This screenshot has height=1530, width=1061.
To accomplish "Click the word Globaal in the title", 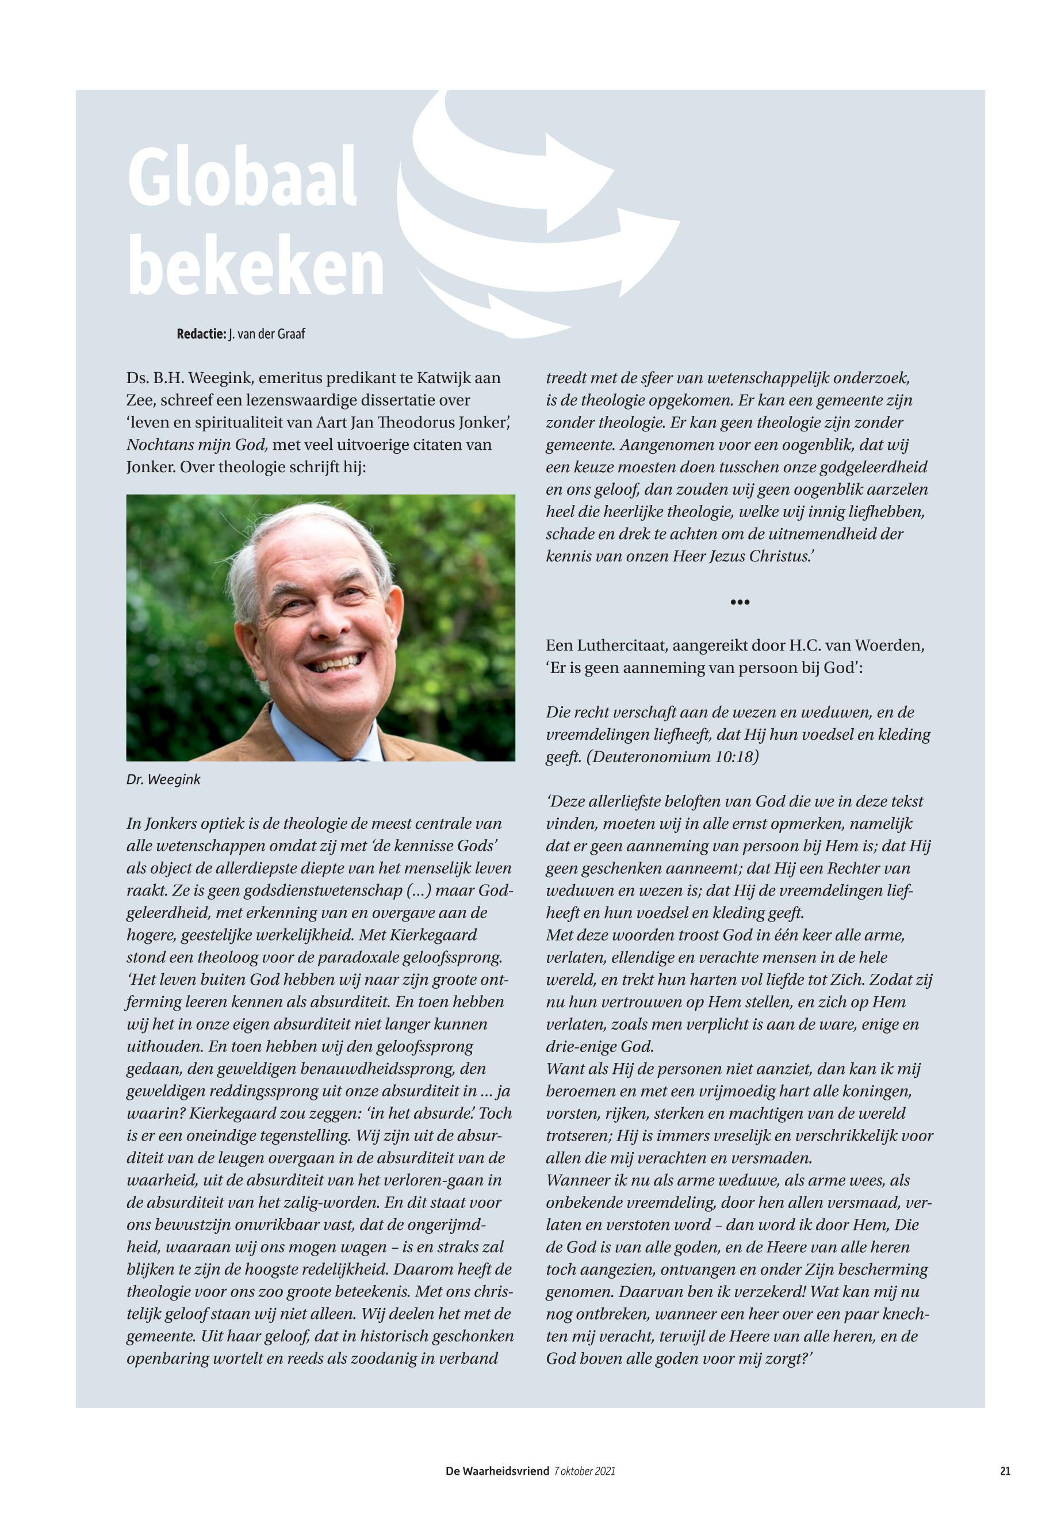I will [x=243, y=179].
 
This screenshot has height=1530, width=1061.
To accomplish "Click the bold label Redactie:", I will [x=201, y=334].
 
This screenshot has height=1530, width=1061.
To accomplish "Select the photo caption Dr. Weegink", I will [x=163, y=779].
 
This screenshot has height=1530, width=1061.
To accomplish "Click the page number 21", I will [x=1005, y=1471].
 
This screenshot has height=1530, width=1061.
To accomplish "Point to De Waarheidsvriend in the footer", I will [x=497, y=1471].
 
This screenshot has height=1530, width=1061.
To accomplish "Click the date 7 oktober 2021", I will [x=584, y=1471].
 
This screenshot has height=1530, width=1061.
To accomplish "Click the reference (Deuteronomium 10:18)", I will [x=672, y=758].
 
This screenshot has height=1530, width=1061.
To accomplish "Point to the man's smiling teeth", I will [x=340, y=664].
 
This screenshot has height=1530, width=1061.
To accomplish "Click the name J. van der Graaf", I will [x=267, y=334].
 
